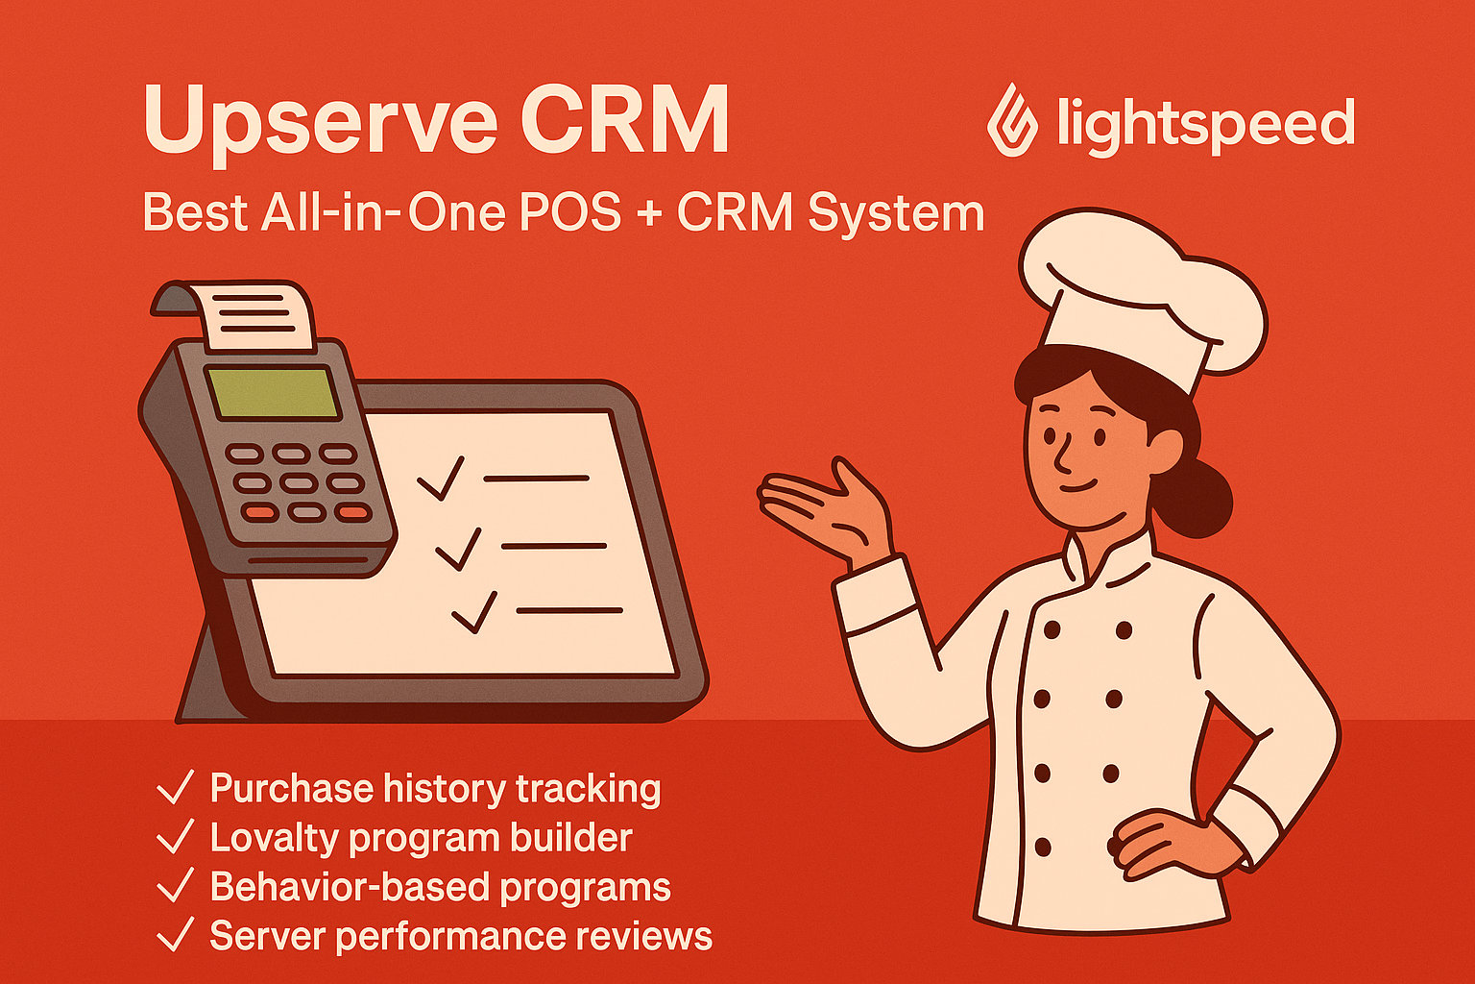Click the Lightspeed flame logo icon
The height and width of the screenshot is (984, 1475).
1014,119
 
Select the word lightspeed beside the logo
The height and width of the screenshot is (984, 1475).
1205,125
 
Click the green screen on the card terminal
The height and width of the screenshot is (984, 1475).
274,392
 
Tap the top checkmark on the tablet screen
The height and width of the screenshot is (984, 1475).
440,478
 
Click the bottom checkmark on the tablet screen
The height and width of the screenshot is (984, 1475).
474,612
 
